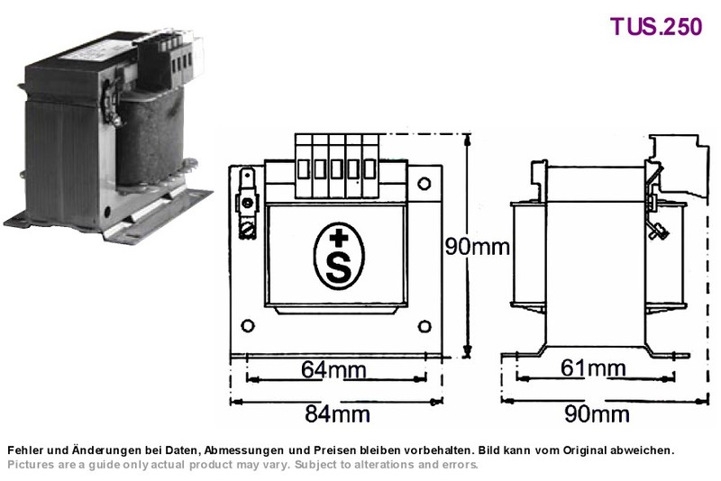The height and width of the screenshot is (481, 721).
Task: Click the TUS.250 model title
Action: [656, 26]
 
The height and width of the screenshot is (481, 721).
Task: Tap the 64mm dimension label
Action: [333, 369]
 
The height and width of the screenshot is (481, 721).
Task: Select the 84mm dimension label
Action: [337, 414]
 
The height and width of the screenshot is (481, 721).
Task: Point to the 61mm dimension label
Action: [593, 368]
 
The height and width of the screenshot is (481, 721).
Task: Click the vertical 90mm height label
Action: [478, 247]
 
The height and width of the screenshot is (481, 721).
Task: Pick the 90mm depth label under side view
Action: [597, 414]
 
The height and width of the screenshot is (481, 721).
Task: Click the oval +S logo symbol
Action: [339, 256]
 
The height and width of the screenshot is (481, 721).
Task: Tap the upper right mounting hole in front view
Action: [424, 184]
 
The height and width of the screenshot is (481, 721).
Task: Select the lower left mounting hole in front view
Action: [247, 326]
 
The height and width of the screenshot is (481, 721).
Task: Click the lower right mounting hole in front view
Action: [424, 327]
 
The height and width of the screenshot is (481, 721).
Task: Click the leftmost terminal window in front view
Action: [304, 169]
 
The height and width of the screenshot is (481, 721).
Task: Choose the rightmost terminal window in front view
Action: [370, 169]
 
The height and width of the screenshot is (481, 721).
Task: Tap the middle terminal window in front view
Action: [336, 169]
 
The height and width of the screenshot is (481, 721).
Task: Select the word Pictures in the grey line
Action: [31, 465]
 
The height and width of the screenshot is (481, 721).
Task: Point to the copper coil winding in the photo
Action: [151, 138]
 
